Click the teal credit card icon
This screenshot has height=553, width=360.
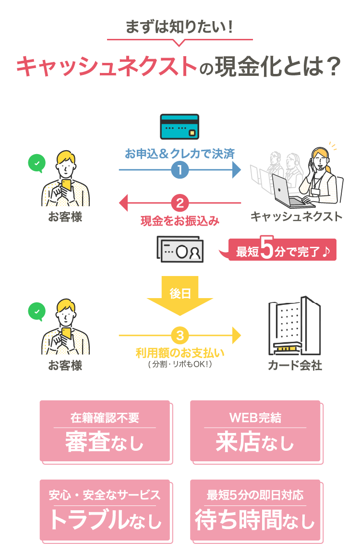(180, 127)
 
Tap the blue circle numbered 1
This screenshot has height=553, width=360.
(180, 170)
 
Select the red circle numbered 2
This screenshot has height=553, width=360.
(180, 203)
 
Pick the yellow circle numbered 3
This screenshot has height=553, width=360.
(180, 335)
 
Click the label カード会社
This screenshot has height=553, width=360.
(295, 366)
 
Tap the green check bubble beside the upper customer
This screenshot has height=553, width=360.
(36, 163)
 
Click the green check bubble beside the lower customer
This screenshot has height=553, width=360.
(36, 311)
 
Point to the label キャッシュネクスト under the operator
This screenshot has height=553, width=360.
(296, 216)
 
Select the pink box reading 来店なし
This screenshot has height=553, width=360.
(255, 431)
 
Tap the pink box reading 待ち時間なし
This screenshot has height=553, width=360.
(255, 510)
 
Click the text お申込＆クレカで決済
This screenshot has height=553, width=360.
(180, 154)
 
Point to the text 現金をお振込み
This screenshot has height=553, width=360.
(180, 221)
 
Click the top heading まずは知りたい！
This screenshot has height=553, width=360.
(180, 27)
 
